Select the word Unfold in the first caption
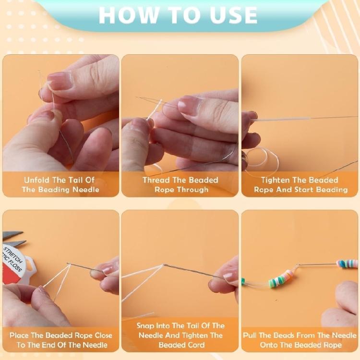click(x=38, y=180)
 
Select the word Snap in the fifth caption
click(x=145, y=326)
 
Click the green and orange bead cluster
click(x=280, y=278)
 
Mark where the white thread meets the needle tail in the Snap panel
click(x=163, y=265)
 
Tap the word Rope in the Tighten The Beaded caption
click(x=264, y=190)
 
